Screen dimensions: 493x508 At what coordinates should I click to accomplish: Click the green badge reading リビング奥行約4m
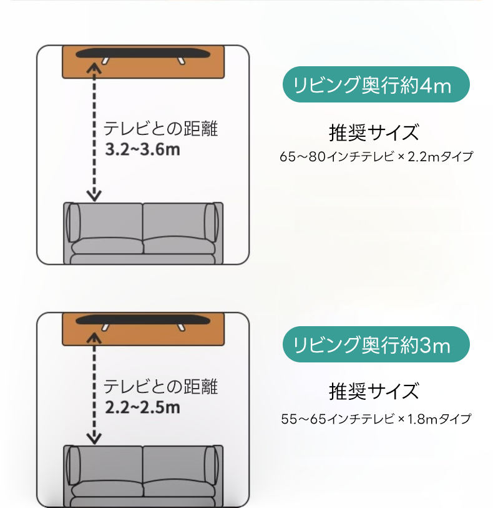point(376,84)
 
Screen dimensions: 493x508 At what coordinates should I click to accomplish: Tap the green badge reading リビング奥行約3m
point(376,344)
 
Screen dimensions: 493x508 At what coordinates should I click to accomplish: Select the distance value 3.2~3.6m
point(142,149)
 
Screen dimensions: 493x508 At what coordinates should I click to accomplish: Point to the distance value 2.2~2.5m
point(142,407)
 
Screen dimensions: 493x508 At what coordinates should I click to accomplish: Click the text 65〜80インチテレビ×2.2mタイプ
point(376,156)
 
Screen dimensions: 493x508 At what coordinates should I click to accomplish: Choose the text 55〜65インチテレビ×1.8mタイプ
point(376,419)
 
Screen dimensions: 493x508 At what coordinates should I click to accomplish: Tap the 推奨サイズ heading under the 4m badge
point(374,132)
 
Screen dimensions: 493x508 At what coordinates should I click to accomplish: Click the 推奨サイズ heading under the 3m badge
point(374,391)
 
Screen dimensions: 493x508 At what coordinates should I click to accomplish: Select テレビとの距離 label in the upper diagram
point(160,129)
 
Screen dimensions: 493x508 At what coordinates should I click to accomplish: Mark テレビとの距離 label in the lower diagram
point(160,387)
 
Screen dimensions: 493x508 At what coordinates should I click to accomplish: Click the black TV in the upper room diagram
point(143,54)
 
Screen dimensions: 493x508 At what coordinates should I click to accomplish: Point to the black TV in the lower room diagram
point(143,320)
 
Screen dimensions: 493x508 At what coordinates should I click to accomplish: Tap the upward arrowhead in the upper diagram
point(94,67)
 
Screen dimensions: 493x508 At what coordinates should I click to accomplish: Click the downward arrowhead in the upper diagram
point(94,196)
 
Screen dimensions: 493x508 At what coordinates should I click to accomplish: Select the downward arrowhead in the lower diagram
point(94,439)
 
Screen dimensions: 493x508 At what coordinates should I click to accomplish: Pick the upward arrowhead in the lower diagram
point(94,337)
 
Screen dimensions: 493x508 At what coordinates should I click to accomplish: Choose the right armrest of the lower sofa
point(211,466)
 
